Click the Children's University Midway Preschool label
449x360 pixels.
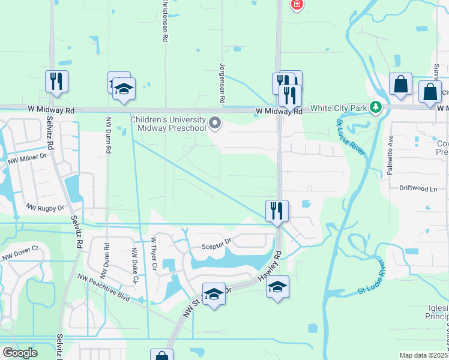(168, 123)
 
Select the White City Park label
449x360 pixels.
(338, 109)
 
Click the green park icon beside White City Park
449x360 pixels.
(376, 108)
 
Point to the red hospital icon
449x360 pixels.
(296, 5)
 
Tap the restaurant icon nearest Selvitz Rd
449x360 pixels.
(56, 82)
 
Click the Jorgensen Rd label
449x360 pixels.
(222, 82)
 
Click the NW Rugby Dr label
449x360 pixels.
(44, 208)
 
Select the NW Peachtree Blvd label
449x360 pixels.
(104, 286)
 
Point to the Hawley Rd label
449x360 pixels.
(269, 265)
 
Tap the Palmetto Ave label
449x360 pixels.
(390, 163)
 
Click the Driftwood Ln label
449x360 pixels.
(418, 188)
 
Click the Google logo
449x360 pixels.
(20, 353)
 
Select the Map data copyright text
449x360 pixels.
(423, 355)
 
